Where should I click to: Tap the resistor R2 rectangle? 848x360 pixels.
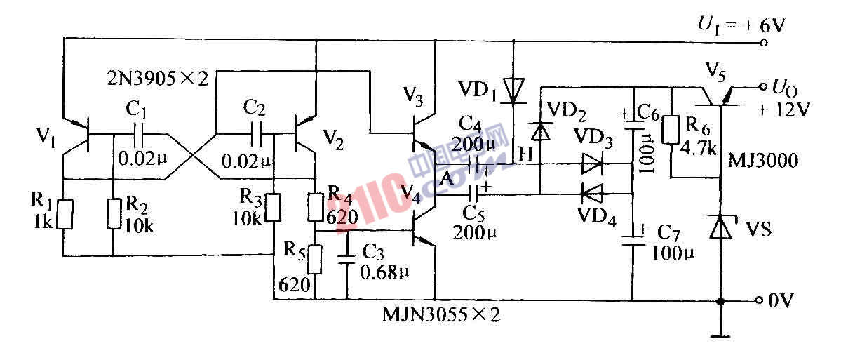tap(113, 214)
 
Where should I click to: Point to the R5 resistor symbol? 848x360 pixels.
tap(315, 259)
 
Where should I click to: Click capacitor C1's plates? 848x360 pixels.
tap(139, 133)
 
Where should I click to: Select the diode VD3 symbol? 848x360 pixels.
tap(592, 166)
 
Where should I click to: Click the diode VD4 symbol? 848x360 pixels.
tap(592, 191)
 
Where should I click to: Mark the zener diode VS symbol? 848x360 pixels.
tap(721, 227)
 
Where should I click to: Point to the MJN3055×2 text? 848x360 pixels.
tap(441, 315)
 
